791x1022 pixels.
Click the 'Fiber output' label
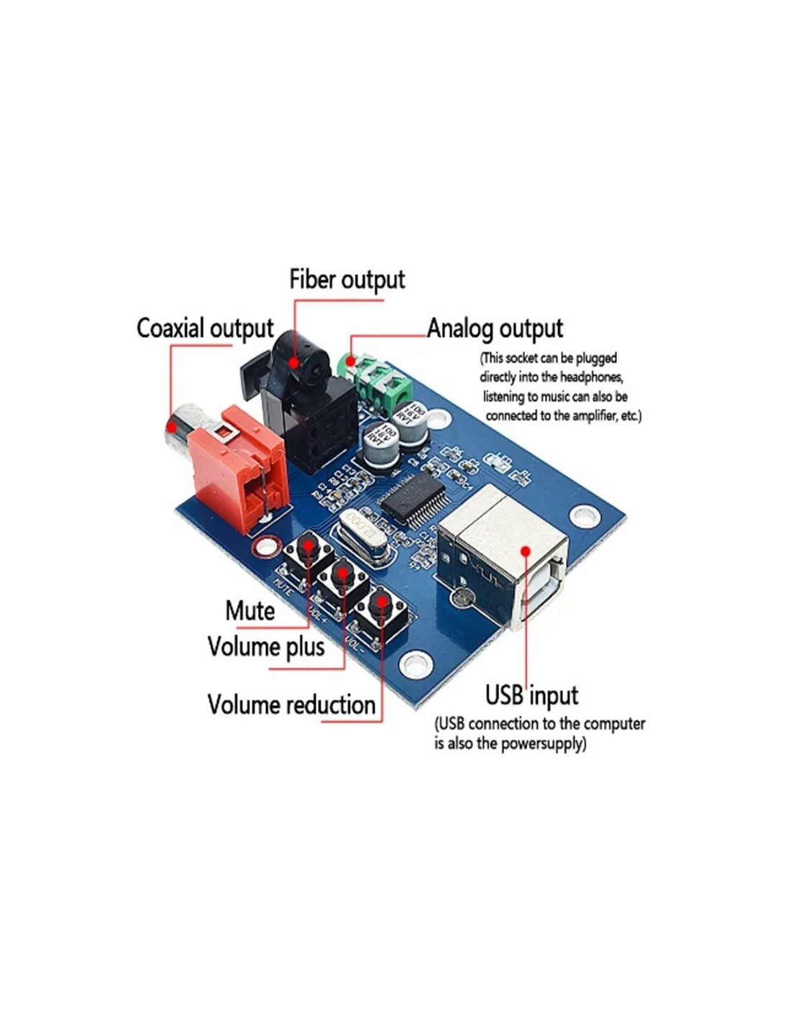click(x=347, y=280)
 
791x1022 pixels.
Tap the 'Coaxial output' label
click(x=205, y=328)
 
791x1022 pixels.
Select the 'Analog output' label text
click(x=495, y=328)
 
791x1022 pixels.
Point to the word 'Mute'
click(x=250, y=611)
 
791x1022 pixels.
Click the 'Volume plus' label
click(x=265, y=647)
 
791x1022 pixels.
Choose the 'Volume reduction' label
click(x=291, y=704)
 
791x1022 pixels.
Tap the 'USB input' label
click(x=531, y=695)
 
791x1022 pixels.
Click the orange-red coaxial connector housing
click(x=237, y=467)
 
